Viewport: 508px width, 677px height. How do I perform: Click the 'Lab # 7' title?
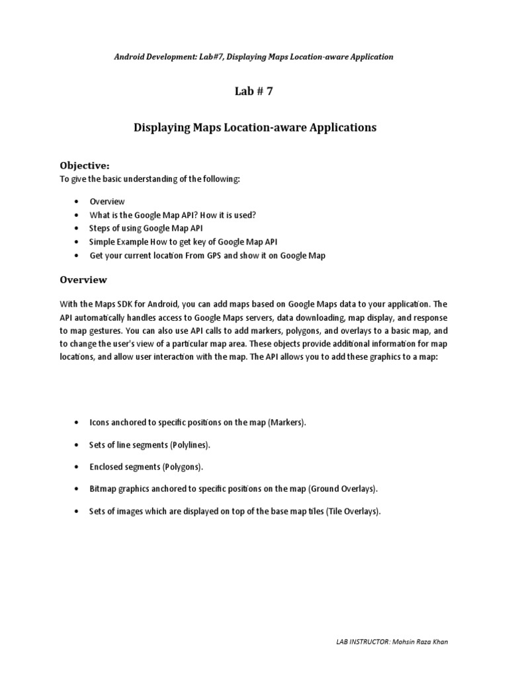(x=253, y=92)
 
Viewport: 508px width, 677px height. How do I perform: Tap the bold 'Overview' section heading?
(x=83, y=280)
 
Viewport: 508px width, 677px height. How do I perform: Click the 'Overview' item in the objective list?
(x=106, y=202)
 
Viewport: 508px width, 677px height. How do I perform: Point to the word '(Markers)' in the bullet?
(x=287, y=422)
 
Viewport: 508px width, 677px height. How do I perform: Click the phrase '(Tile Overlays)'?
(x=353, y=512)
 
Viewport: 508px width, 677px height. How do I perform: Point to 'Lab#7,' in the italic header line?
(x=200, y=57)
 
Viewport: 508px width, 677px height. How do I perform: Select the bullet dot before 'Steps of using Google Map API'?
(x=77, y=229)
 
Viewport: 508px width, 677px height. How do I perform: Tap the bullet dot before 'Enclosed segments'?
(x=77, y=467)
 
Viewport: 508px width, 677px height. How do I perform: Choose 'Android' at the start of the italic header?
(x=130, y=57)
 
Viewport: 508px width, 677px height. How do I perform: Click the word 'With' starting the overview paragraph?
(x=69, y=305)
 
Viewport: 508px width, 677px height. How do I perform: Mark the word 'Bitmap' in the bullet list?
(x=102, y=489)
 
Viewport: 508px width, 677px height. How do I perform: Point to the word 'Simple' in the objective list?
(x=102, y=242)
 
